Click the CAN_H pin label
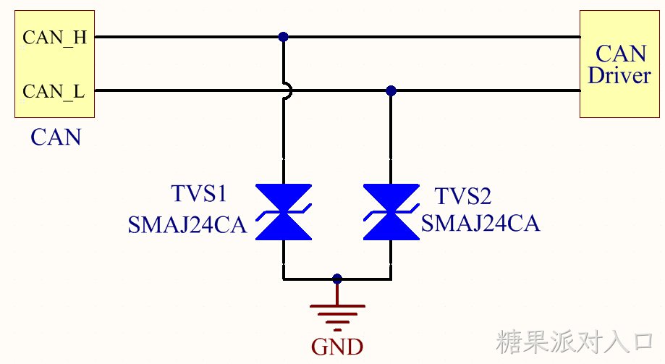[55, 38]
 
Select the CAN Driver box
[619, 64]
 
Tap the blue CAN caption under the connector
[56, 137]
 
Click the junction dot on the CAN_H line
[284, 37]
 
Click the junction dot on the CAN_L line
[391, 90]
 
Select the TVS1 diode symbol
[284, 212]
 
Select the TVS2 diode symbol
[391, 212]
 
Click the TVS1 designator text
[198, 193]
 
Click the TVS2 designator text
[462, 196]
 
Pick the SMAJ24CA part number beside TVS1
[187, 225]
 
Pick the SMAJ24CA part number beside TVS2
[480, 223]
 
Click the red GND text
[337, 347]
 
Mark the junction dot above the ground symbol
[337, 279]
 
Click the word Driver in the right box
[619, 75]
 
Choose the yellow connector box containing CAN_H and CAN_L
[55, 64]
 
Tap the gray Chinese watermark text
[575, 342]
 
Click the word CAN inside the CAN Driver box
[621, 54]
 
